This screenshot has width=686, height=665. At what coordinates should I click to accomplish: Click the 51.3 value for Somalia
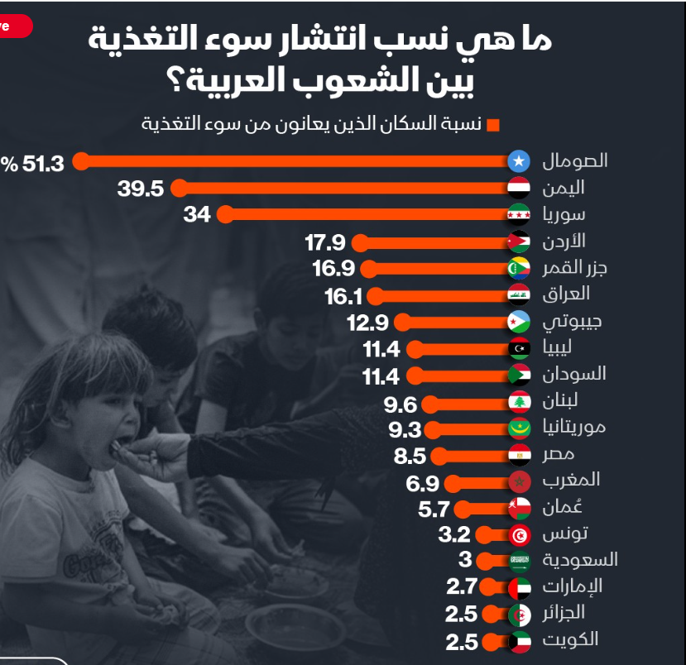pos(42,163)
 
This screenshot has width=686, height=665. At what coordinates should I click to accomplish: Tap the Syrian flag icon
pos(518,215)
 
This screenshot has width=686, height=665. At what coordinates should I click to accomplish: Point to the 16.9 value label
pos(333,269)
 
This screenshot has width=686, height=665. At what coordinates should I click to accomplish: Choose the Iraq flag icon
pos(518,294)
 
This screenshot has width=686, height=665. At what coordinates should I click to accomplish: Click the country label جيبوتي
pos(572,321)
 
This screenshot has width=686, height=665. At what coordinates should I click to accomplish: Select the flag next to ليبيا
pos(518,348)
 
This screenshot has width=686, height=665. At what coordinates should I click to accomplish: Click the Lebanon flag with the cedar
pos(518,403)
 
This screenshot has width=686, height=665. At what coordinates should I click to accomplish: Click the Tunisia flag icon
pos(518,534)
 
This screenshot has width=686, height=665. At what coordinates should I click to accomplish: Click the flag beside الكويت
pos(518,641)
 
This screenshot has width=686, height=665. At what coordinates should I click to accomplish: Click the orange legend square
pos(493,126)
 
